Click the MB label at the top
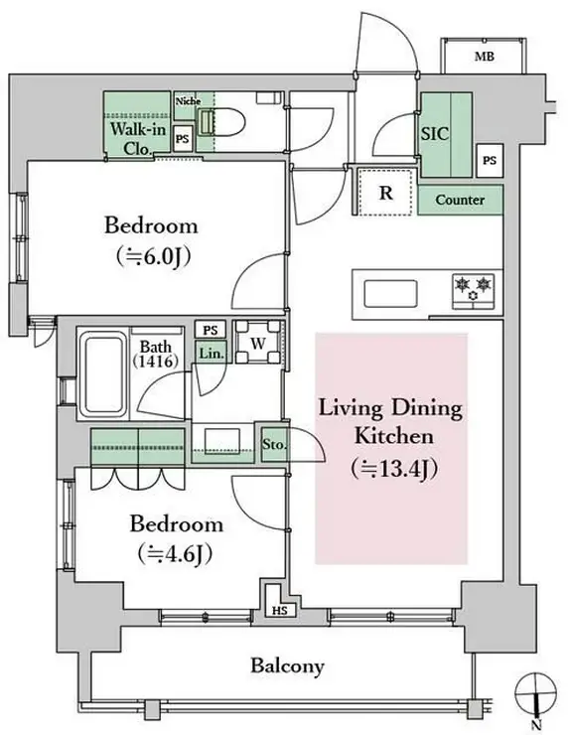coord(485,57)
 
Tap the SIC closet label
coord(435,134)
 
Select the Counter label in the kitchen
coord(460,200)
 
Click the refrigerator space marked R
coord(385,192)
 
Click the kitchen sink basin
coord(390,293)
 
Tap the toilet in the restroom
coord(220,123)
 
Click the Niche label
coord(188,100)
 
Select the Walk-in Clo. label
coord(137,138)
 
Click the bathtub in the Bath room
coord(103,374)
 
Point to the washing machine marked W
coord(258,343)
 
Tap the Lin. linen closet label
coord(211,354)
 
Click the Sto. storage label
coord(274,444)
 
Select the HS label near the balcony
coord(280,611)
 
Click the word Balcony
coord(287,665)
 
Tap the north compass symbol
coord(536,696)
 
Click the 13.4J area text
coord(394,469)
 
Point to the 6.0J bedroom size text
coord(153,256)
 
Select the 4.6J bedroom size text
coord(176,554)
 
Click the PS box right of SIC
coord(490,160)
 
